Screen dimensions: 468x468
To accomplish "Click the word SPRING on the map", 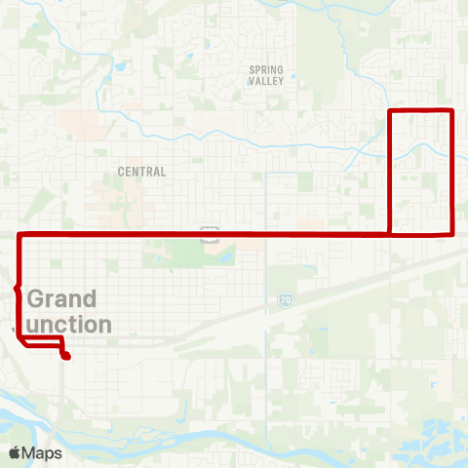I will [265, 69].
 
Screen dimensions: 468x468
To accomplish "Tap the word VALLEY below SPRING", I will [265, 82].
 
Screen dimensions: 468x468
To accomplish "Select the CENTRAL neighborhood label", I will [141, 171].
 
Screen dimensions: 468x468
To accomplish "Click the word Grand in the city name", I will [62, 298].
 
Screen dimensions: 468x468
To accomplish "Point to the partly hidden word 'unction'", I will [69, 323].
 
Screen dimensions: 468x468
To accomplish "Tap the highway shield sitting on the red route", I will [209, 234].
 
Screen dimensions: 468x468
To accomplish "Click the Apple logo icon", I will [15, 453].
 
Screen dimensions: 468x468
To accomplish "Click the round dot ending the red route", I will [66, 357].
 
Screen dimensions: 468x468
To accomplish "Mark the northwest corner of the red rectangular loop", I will [390, 111].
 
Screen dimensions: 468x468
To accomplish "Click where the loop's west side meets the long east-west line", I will [390, 234].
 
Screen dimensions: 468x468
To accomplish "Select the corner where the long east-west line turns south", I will [20, 235].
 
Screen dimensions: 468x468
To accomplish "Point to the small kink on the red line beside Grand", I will [17, 289].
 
